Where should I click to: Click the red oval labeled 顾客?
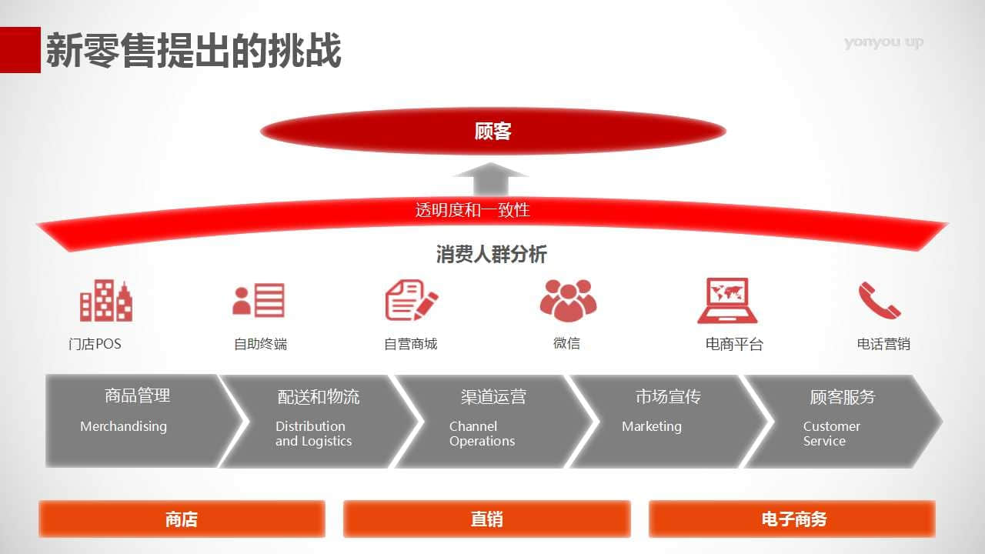[x=493, y=131]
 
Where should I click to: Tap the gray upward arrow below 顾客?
[x=491, y=179]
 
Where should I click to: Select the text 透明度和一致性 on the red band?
[x=472, y=210]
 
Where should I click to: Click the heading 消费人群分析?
[x=491, y=254]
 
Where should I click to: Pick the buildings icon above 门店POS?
[x=106, y=300]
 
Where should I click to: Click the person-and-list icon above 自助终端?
[x=259, y=300]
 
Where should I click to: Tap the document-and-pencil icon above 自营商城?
[x=412, y=300]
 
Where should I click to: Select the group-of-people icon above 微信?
[x=568, y=300]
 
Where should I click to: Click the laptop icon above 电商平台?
[x=727, y=301]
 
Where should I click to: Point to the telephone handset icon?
[x=880, y=300]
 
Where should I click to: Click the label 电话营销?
[x=883, y=344]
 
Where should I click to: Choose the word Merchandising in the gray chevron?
[x=124, y=426]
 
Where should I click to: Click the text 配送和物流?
[x=319, y=396]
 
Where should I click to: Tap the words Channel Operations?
[x=482, y=433]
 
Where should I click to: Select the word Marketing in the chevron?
[x=652, y=426]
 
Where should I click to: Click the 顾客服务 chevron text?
[x=843, y=396]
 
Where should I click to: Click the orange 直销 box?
[x=487, y=519]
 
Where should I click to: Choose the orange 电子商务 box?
[x=792, y=519]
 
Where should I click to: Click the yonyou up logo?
[x=884, y=42]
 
